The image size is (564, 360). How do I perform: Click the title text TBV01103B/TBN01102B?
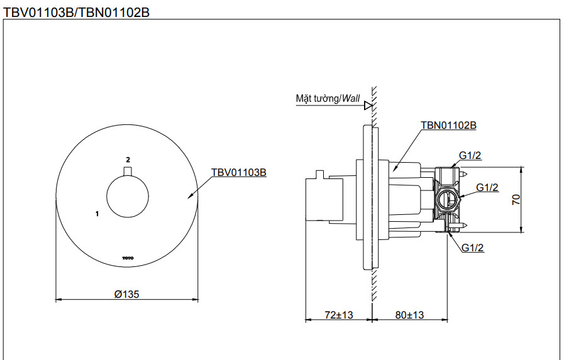[76, 12]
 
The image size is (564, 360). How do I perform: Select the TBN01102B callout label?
[448, 126]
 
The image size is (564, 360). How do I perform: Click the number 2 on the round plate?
[128, 160]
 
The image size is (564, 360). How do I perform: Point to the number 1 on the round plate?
[97, 214]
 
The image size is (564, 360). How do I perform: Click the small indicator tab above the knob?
[128, 172]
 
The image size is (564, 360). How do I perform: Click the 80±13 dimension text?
[410, 314]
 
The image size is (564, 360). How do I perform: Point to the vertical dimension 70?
[516, 200]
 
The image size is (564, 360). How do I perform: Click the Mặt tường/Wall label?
[328, 99]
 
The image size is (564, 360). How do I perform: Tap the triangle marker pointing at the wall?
[368, 106]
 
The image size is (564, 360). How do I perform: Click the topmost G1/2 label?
[470, 156]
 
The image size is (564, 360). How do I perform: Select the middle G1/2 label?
[487, 187]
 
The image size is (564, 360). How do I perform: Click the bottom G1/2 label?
[472, 248]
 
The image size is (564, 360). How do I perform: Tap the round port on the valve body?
[446, 200]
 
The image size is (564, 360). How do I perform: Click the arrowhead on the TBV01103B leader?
[191, 197]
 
